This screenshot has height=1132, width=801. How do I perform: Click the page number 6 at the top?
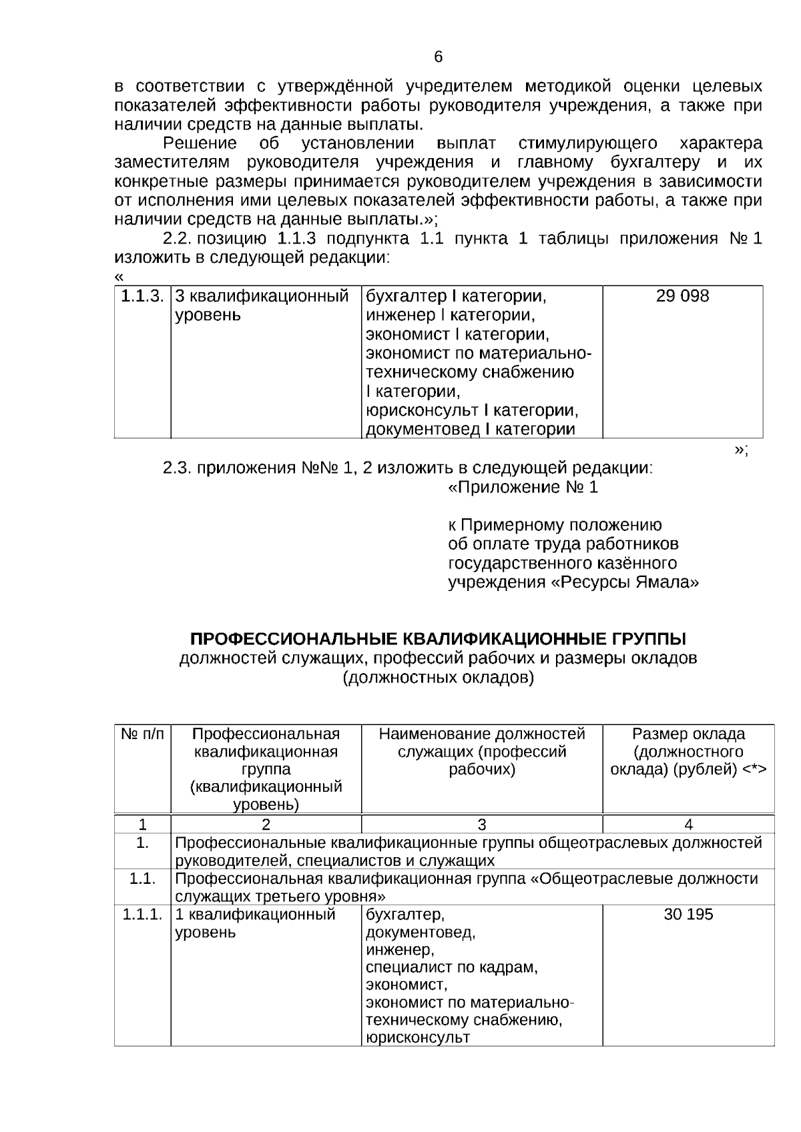click(x=439, y=57)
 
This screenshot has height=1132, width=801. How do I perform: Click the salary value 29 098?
click(x=682, y=296)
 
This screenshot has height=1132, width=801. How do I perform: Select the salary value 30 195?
click(x=688, y=915)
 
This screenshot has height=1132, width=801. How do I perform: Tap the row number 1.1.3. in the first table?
click(x=142, y=296)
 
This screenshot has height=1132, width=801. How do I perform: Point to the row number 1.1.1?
click(x=142, y=915)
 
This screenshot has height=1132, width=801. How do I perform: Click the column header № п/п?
click(x=142, y=734)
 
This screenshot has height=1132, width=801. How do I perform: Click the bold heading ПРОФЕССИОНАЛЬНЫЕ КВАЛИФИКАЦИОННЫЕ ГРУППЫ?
click(x=438, y=639)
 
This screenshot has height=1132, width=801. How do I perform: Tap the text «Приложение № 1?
click(x=523, y=488)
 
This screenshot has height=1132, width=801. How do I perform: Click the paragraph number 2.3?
click(x=178, y=468)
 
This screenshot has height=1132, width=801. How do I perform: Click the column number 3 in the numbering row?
click(x=482, y=824)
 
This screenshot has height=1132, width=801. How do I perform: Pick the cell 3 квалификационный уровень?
click(x=262, y=306)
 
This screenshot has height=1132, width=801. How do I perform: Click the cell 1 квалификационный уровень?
click(x=255, y=923)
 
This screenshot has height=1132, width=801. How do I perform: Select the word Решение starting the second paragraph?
click(x=200, y=143)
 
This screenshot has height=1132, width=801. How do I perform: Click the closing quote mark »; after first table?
click(x=741, y=450)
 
